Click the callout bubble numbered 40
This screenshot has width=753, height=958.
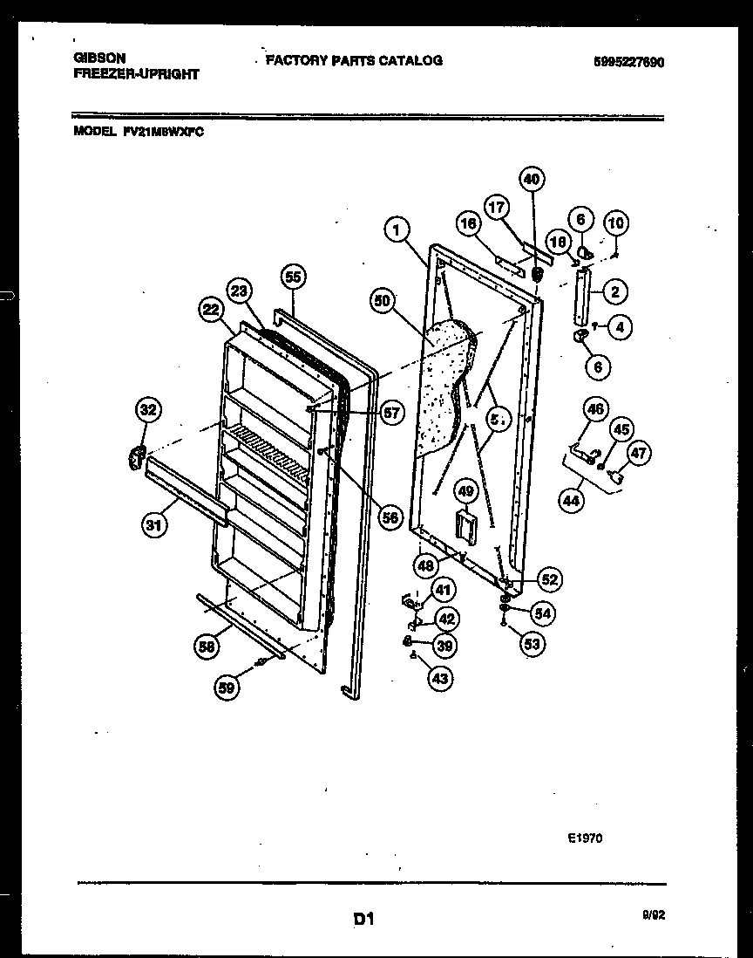[532, 179]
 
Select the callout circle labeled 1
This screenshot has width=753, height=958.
[397, 230]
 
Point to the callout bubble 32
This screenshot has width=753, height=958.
[149, 409]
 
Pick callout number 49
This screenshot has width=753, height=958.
[465, 492]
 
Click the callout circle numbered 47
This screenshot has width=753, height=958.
[639, 453]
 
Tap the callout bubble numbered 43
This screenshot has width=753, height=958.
[440, 677]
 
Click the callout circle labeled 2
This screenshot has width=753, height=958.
[615, 291]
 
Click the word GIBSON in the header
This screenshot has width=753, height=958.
[98, 58]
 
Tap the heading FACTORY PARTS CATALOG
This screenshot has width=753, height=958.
[354, 60]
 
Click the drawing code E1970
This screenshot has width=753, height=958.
[584, 838]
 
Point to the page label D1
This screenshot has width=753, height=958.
[364, 918]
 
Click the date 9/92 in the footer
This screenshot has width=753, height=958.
[652, 915]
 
